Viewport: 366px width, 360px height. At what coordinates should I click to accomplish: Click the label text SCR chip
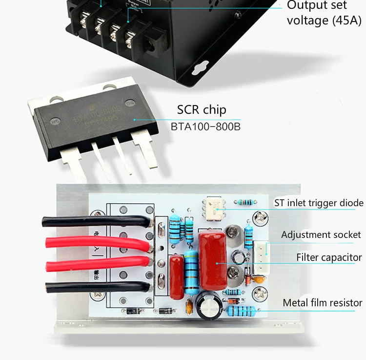(x=202, y=109)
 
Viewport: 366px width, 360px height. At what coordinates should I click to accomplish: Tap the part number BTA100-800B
(x=205, y=127)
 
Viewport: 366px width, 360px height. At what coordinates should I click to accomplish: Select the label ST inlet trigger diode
(x=319, y=203)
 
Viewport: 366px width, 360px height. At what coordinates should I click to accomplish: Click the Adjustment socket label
(x=321, y=235)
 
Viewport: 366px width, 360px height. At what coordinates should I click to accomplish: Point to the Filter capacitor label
(x=329, y=257)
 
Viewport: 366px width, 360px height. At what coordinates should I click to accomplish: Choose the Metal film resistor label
(x=323, y=303)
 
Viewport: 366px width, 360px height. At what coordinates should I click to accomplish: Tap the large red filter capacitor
(x=213, y=260)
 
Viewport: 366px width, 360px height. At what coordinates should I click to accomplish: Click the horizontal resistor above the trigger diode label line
(x=244, y=202)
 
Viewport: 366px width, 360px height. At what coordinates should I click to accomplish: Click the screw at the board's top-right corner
(x=259, y=213)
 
